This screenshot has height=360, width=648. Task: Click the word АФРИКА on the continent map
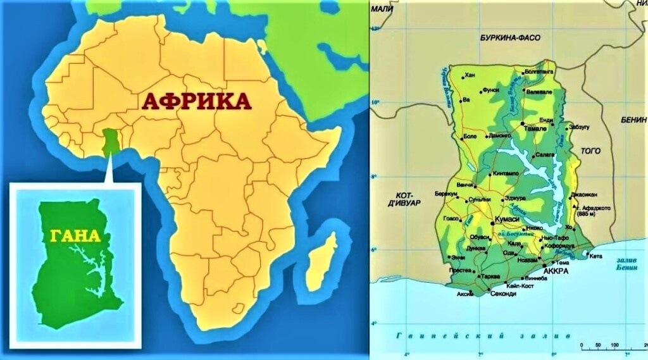click(196, 101)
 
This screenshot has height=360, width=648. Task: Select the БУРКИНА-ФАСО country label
click(509, 38)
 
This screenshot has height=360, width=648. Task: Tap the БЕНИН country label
click(634, 120)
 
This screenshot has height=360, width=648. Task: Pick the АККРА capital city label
click(556, 271)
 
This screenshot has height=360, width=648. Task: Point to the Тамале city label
click(537, 128)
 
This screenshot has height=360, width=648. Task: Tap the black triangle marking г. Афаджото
click(574, 206)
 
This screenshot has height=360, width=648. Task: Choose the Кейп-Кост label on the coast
click(513, 286)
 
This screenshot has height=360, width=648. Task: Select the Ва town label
click(467, 99)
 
